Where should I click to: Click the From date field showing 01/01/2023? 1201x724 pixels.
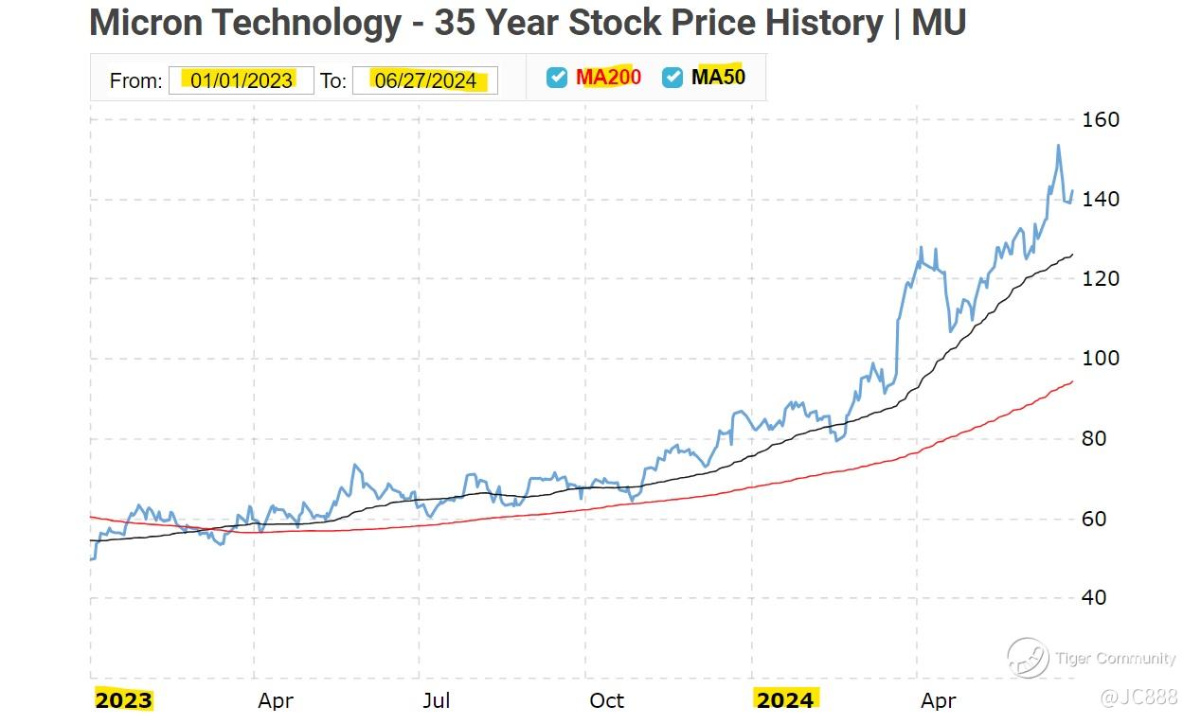[x=241, y=80]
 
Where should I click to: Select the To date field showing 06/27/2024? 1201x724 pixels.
[x=424, y=80]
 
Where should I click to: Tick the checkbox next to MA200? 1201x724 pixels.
[x=557, y=78]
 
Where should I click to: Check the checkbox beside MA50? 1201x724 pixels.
[x=672, y=78]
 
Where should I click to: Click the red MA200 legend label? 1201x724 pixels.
[x=608, y=78]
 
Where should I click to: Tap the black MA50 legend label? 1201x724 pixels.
[x=718, y=78]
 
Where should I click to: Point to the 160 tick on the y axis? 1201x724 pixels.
[x=1100, y=120]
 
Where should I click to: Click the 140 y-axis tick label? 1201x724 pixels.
[x=1100, y=200]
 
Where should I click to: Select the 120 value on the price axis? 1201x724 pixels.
[x=1100, y=279]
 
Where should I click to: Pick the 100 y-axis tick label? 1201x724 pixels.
[x=1100, y=359]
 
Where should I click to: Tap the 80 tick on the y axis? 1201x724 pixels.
[x=1095, y=439]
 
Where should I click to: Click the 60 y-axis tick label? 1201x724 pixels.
[x=1095, y=519]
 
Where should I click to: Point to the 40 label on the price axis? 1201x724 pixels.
[x=1095, y=598]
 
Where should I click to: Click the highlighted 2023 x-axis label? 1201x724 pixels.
[x=123, y=700]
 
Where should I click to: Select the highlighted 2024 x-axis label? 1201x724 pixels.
[x=784, y=700]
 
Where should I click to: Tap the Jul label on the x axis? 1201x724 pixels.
[x=436, y=700]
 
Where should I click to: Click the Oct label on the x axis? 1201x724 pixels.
[x=606, y=700]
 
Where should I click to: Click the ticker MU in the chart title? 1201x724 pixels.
[x=939, y=23]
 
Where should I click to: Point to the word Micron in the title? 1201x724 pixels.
[x=151, y=23]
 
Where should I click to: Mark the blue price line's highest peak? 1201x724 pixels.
[x=1058, y=146]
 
